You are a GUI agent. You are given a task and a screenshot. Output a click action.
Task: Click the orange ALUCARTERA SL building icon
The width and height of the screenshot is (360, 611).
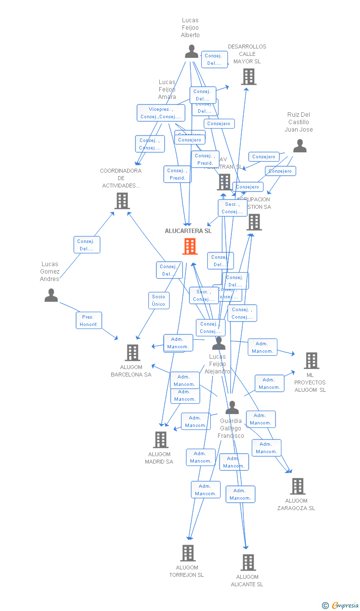click(190, 246)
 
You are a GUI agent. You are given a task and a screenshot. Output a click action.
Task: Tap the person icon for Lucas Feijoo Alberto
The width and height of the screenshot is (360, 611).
click(191, 51)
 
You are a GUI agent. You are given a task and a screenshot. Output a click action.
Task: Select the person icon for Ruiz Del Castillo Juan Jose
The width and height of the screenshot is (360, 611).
click(300, 146)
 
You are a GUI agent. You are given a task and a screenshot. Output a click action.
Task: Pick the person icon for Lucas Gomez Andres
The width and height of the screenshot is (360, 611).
click(51, 295)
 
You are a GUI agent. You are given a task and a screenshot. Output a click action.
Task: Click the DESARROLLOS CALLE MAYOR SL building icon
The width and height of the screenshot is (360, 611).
click(249, 77)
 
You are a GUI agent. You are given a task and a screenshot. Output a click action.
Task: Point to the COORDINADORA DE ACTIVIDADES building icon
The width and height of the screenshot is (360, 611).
click(122, 200)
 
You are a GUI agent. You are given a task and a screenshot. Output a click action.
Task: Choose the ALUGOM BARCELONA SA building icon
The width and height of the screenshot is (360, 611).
click(132, 353)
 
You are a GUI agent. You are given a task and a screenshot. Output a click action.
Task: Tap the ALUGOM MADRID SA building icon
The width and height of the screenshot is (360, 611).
click(160, 439)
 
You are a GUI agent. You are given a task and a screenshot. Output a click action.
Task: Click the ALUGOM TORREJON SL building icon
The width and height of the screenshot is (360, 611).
click(188, 553)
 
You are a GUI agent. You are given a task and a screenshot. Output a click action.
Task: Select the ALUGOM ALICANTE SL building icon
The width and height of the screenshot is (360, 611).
click(248, 562)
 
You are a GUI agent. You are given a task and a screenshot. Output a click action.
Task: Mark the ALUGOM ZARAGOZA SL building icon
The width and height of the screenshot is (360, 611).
click(297, 486)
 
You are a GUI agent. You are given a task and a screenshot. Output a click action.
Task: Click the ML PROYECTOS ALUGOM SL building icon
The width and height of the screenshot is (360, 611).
click(311, 361)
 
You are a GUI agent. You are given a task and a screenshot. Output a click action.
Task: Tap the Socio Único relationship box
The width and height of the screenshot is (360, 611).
click(159, 300)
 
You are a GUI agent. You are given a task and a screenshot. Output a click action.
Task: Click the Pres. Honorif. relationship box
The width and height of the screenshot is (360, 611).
click(89, 321)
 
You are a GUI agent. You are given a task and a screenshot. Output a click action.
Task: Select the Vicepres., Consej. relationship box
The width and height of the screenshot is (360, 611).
click(161, 113)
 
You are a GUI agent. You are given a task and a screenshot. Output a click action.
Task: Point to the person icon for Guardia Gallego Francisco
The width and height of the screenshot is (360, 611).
click(232, 408)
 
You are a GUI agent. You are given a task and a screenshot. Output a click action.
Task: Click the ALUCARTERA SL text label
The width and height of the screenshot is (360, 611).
click(188, 231)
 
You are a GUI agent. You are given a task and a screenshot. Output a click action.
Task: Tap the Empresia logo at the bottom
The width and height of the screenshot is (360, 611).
click(341, 605)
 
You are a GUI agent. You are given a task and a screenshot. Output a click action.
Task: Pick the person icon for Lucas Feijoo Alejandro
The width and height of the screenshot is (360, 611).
click(219, 343)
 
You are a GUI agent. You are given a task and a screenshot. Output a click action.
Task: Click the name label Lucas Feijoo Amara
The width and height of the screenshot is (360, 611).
click(167, 90)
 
